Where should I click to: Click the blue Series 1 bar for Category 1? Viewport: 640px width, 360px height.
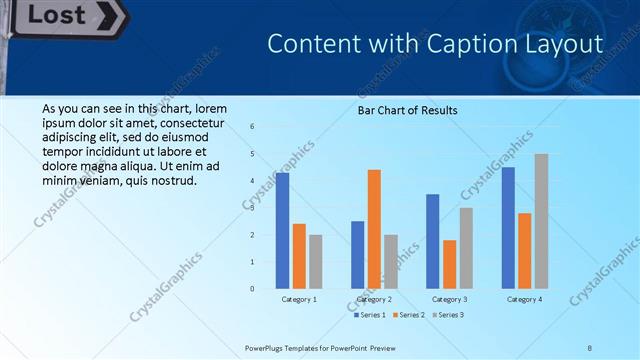pyautogui.click(x=282, y=231)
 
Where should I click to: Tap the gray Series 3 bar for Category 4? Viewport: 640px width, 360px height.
pyautogui.click(x=541, y=221)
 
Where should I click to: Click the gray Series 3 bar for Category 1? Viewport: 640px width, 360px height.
pyautogui.click(x=316, y=262)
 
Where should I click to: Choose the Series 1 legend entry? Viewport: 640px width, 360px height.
pyautogui.click(x=370, y=315)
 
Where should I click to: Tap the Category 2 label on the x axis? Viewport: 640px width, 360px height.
pyautogui.click(x=374, y=299)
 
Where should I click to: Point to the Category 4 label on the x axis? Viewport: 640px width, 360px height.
pyautogui.click(x=524, y=299)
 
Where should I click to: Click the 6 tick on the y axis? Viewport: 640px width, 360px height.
pyautogui.click(x=252, y=127)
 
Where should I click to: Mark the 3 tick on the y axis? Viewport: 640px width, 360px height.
pyautogui.click(x=252, y=208)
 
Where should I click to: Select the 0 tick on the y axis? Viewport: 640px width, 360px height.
pyautogui.click(x=252, y=289)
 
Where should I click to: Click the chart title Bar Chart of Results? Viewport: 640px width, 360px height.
pyautogui.click(x=407, y=110)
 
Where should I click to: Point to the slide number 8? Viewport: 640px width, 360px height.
pyautogui.click(x=590, y=347)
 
